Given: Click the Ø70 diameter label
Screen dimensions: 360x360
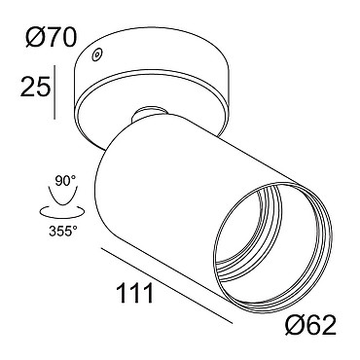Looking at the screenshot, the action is coord(52,37).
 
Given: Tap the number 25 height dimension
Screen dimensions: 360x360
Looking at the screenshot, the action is coord(35,87).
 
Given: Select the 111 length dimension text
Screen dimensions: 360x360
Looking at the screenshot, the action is coord(134,293).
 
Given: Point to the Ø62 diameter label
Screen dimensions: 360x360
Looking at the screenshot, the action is coord(311,325).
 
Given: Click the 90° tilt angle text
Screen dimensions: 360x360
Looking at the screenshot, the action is coord(65,181).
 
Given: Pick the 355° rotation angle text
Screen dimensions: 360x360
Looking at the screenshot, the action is coord(63,231).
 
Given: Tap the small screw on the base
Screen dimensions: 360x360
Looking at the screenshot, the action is coord(96,54).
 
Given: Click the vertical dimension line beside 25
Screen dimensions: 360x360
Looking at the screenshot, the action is coord(54,91).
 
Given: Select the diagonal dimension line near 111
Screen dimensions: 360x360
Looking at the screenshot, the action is coord(166,286).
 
